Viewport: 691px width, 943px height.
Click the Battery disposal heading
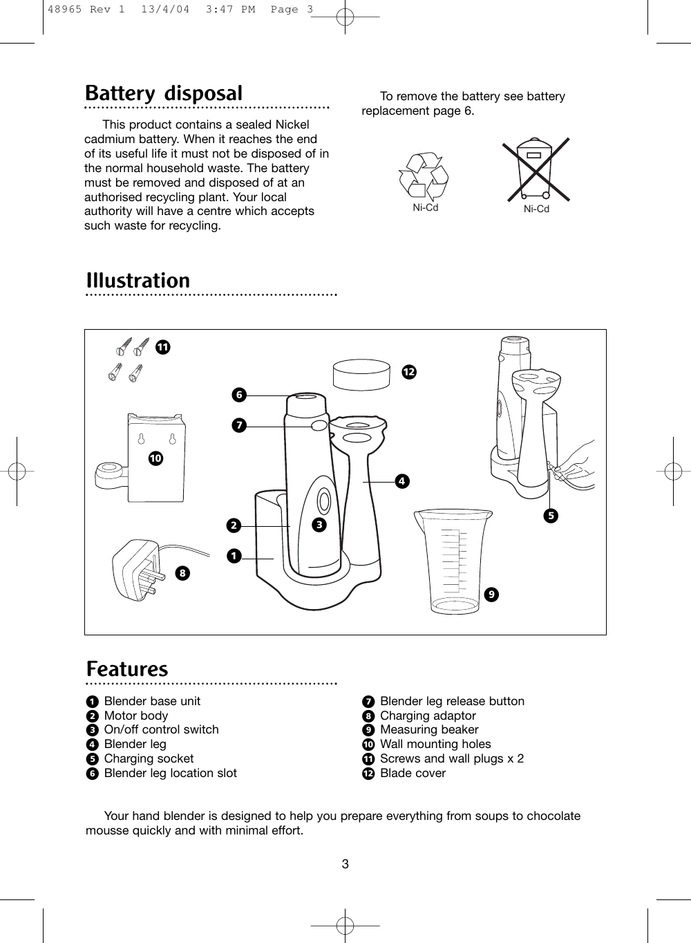click(x=164, y=93)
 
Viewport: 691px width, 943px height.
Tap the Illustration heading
click(x=138, y=281)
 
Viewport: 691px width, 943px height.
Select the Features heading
click(x=127, y=669)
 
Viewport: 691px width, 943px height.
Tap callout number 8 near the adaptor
click(x=182, y=572)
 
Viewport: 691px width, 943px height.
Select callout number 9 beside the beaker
click(x=490, y=594)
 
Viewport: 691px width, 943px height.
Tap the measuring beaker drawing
click(x=453, y=560)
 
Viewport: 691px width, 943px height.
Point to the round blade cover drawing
click(x=361, y=375)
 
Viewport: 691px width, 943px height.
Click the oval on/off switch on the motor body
click(x=323, y=499)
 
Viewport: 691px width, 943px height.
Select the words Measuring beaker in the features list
click(x=429, y=730)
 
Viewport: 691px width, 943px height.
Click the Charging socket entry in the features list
click(x=149, y=759)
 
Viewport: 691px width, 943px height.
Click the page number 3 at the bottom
click(x=345, y=864)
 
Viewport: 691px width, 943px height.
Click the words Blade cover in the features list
click(x=413, y=774)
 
